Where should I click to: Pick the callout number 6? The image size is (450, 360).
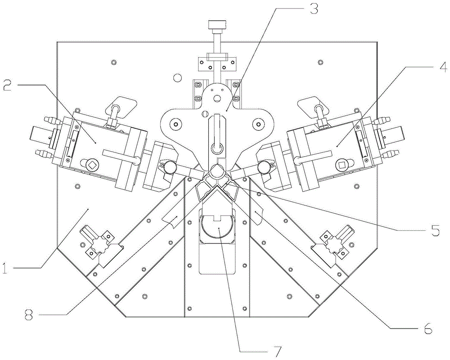pyautogui.click(x=427, y=328)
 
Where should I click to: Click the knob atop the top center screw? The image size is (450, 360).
pyautogui.click(x=217, y=25)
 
